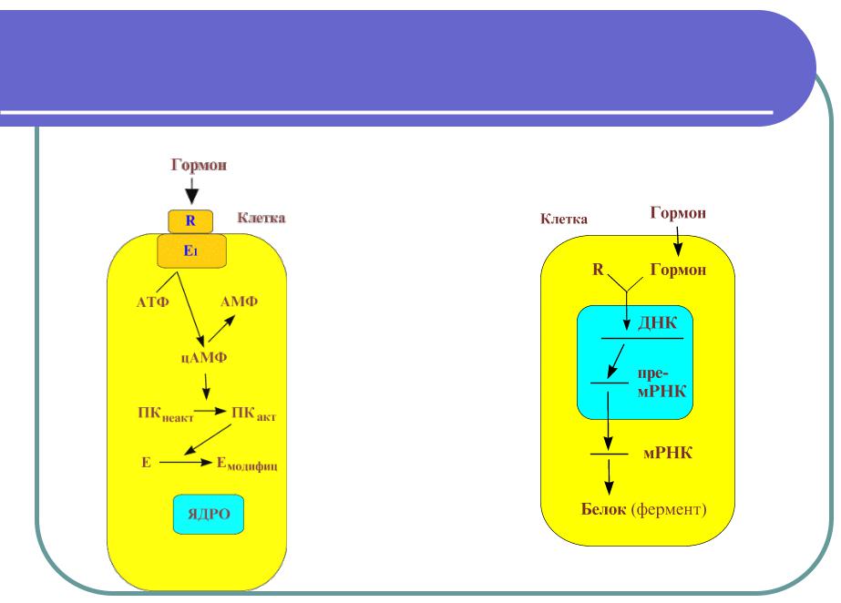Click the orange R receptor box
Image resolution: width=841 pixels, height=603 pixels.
tap(190, 220)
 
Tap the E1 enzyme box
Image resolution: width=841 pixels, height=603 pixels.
tap(192, 250)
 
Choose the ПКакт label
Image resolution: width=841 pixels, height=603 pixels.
tap(254, 415)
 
